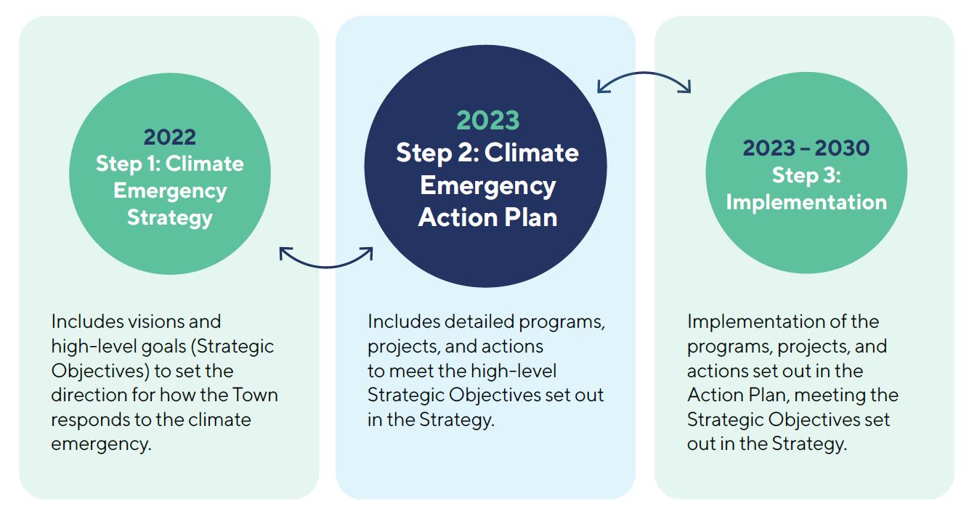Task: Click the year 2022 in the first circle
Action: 169,137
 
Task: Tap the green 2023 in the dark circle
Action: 487,120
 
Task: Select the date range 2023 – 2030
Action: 806,148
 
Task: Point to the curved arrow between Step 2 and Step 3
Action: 644,73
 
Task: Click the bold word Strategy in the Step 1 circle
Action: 169,218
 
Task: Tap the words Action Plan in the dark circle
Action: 487,217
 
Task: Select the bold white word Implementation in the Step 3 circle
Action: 806,202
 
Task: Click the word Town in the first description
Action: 255,395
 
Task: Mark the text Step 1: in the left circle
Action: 128,164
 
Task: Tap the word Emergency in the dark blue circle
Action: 488,186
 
